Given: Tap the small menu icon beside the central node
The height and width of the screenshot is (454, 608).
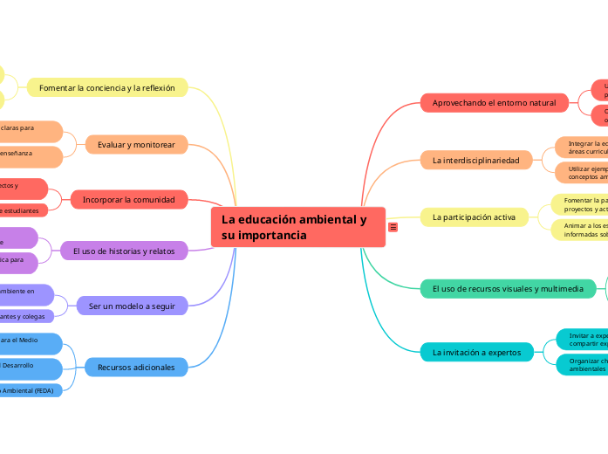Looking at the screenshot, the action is click(393, 227).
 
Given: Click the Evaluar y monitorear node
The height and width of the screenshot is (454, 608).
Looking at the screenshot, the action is click(136, 144).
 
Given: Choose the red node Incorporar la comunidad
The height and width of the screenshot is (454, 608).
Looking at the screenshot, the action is click(128, 200).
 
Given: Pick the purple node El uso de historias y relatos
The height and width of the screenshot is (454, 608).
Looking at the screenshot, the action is click(123, 251).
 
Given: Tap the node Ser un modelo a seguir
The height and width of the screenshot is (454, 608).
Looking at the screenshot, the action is click(132, 306).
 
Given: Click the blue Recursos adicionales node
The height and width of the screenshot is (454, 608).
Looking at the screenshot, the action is click(136, 368).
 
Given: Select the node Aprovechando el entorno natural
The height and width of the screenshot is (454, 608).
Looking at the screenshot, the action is click(494, 103).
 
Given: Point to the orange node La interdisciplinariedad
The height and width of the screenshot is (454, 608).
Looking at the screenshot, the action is click(482, 160).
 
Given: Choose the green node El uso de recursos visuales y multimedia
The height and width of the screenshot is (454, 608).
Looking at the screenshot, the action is click(507, 288).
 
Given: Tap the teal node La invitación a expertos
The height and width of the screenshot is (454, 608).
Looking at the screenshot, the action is click(476, 352).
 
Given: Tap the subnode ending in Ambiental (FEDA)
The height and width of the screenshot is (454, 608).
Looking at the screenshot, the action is click(29, 390).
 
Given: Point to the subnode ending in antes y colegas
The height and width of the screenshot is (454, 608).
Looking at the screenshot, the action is click(26, 315).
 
